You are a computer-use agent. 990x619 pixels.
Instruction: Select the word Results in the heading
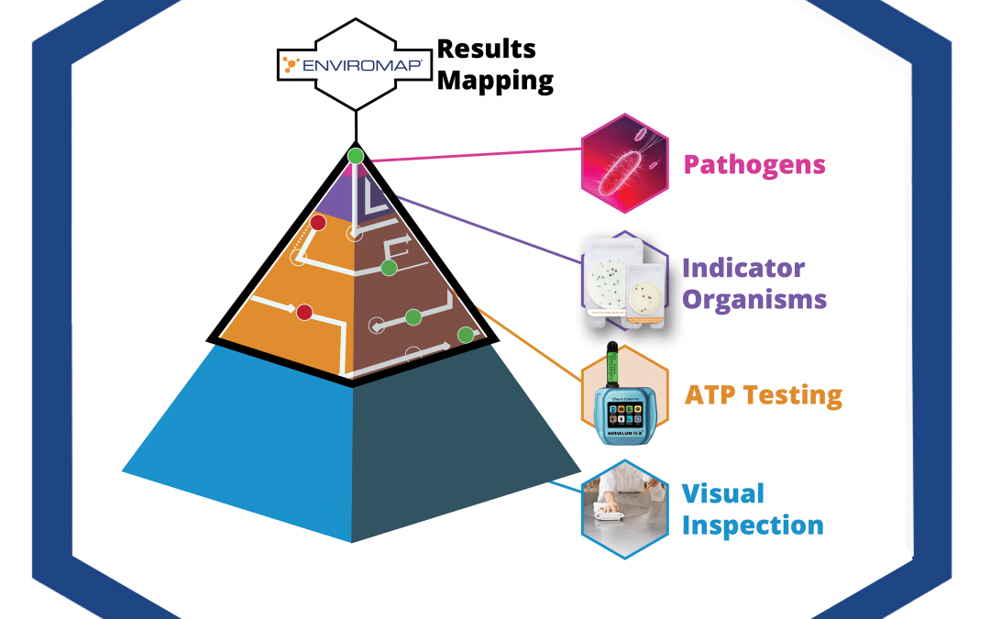pos(486,49)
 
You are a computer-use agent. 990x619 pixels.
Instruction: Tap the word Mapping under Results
pos(495,81)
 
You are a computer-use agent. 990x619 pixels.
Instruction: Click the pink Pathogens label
pos(754,165)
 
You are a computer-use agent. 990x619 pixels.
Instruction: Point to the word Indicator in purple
pos(743,268)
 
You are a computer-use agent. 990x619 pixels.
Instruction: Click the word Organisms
pos(753,299)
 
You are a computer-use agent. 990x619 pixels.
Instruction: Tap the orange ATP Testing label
pos(764,395)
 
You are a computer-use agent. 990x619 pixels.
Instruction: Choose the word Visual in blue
pos(722,493)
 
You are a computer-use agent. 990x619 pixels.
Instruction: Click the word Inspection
pos(753,525)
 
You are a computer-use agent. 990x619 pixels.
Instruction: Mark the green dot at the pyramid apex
pos(356,156)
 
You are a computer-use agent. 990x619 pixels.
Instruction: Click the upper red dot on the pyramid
pos(318,223)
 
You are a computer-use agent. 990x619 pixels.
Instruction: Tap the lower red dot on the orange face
pos(305,313)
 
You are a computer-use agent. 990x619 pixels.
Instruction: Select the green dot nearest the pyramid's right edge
pos(466,334)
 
